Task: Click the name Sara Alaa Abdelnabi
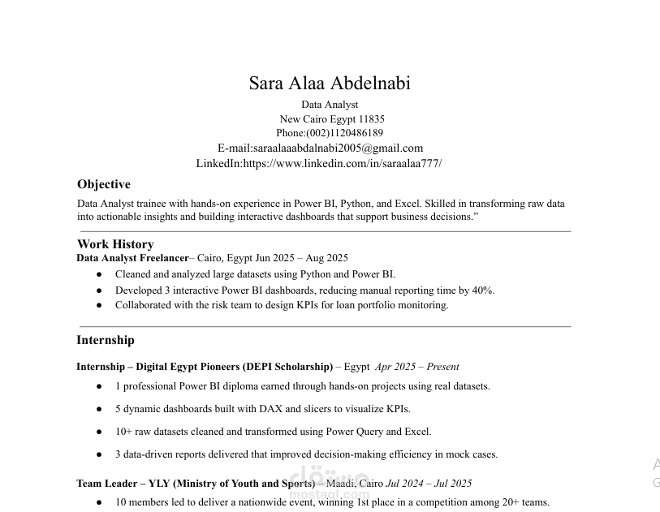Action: click(x=330, y=84)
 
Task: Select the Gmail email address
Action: click(x=338, y=148)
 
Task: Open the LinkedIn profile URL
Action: click(x=342, y=163)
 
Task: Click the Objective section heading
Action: click(x=103, y=184)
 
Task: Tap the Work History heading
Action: click(x=115, y=244)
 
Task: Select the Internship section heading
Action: click(x=106, y=340)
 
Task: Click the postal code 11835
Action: click(x=371, y=119)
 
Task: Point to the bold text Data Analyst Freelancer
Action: click(x=132, y=258)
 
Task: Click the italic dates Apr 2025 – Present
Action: click(x=416, y=367)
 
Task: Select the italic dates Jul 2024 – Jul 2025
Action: click(x=429, y=484)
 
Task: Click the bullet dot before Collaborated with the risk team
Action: click(x=99, y=306)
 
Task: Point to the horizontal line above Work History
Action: click(x=325, y=231)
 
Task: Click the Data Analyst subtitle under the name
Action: click(x=330, y=105)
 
